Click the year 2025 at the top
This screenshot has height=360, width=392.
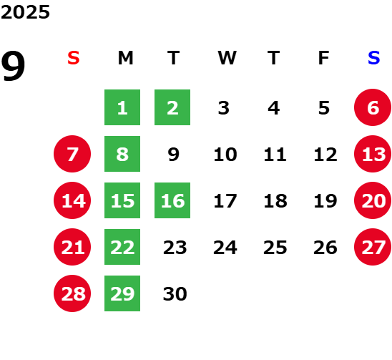click(x=25, y=12)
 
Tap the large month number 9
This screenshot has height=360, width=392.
click(x=13, y=66)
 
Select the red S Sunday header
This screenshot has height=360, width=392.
click(x=74, y=58)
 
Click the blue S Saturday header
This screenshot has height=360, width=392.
click(x=374, y=58)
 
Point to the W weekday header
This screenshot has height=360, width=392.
click(x=227, y=58)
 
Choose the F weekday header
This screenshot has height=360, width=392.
click(x=324, y=58)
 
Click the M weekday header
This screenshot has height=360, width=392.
click(x=125, y=58)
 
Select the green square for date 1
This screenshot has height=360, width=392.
click(x=122, y=107)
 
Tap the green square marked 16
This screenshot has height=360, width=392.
click(x=172, y=200)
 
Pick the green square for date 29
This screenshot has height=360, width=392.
click(x=122, y=293)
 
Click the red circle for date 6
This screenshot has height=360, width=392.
click(x=373, y=107)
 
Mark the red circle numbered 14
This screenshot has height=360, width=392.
click(x=72, y=200)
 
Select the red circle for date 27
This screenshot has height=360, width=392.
click(x=373, y=247)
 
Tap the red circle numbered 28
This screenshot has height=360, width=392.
click(x=72, y=293)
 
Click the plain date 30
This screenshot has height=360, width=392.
click(x=175, y=293)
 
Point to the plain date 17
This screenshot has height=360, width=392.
click(x=225, y=200)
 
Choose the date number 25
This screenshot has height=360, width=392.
click(x=275, y=247)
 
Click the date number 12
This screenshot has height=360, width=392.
click(x=325, y=154)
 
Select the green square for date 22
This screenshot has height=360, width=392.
click(x=122, y=247)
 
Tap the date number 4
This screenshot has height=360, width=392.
click(x=274, y=108)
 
